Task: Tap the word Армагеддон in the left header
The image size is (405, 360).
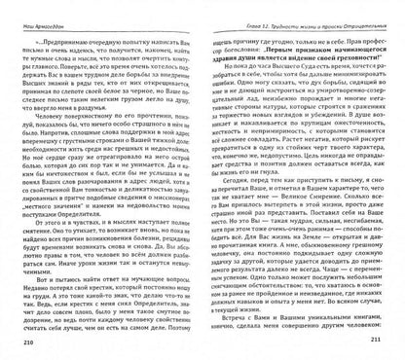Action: [35, 9]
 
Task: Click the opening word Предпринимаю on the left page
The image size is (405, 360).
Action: [59, 29]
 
